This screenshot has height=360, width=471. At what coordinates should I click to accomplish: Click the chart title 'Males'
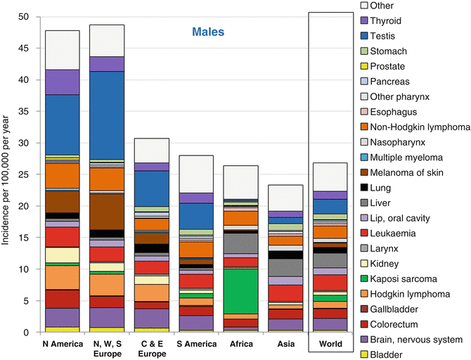pyautogui.click(x=212, y=31)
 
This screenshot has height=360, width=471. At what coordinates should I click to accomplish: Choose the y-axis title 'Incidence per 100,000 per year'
pyautogui.click(x=7, y=174)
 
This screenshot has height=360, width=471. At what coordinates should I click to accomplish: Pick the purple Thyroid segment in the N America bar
pyautogui.click(x=63, y=82)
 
